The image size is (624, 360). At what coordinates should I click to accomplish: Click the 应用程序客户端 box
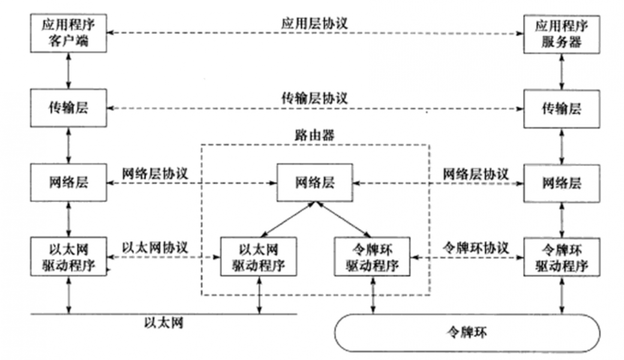pos(68,33)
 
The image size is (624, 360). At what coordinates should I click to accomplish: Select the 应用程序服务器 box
pos(561,34)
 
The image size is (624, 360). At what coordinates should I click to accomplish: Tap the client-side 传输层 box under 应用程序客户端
pos(68,108)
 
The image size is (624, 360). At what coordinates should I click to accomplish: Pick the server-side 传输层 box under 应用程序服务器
pos(561,109)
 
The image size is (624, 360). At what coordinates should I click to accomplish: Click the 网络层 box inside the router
pos(315,183)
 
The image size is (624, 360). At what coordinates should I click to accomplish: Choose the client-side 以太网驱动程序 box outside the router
pos(68,256)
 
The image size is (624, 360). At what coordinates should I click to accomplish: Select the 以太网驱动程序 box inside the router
pos(259,257)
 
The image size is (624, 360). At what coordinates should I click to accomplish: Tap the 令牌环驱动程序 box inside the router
pos(372,257)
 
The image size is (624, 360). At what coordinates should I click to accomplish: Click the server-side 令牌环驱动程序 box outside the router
pos(561,258)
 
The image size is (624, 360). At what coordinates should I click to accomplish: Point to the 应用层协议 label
pos(314,23)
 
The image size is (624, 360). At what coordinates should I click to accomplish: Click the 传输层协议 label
pos(314,98)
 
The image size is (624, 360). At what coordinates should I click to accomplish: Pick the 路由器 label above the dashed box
pos(314,135)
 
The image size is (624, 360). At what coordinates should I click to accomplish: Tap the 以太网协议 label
pos(155,248)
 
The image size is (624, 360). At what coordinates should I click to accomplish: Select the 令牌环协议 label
pos(475,248)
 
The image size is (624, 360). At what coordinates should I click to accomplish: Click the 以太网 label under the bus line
pos(163,323)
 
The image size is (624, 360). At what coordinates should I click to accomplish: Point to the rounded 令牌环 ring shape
pos(467,333)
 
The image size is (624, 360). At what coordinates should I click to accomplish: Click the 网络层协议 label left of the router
pos(155,173)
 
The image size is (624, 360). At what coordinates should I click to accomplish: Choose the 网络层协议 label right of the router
pos(475,174)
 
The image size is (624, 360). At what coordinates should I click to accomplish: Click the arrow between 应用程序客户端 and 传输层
pos(68,71)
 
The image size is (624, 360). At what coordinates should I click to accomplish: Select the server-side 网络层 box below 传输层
pos(561,183)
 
